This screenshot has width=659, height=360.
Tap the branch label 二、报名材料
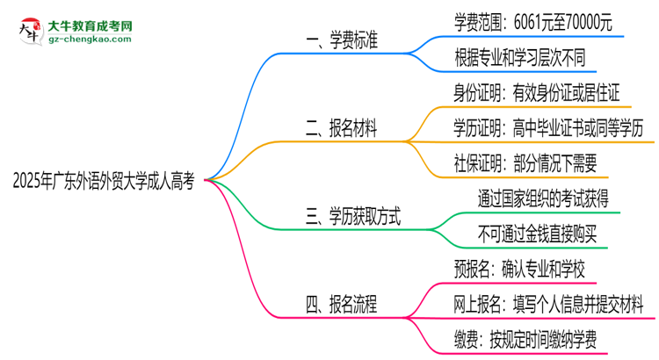(341, 129)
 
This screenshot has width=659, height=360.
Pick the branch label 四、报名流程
(342, 305)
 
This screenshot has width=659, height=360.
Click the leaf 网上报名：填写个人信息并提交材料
(548, 305)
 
